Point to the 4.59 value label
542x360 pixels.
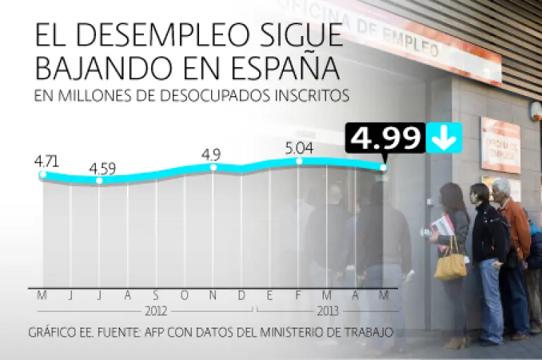point(102,169)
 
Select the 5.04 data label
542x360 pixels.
point(299,148)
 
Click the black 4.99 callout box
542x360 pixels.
point(385,138)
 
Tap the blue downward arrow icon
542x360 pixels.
point(444,138)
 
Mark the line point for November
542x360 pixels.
point(213,167)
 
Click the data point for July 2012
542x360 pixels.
point(99,181)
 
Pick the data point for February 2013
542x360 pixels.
point(299,161)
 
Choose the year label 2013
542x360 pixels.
point(327,311)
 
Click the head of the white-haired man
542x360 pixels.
point(501,188)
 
